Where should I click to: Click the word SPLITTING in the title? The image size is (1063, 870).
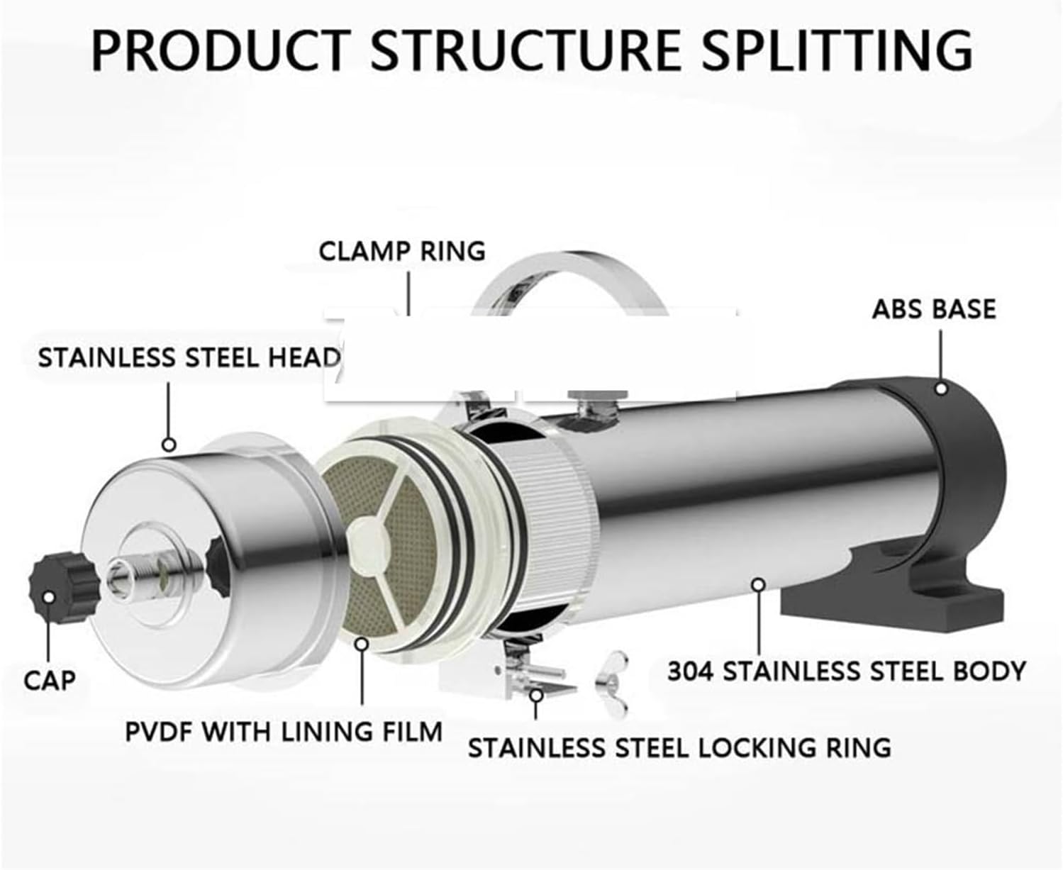pos(837,50)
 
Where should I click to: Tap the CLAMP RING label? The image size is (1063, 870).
pos(402,251)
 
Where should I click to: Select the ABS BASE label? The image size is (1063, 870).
pos(934,309)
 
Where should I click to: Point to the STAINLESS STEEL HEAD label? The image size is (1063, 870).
pos(189,358)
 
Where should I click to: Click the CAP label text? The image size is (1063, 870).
pos(50,681)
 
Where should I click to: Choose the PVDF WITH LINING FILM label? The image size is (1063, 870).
pos(284,732)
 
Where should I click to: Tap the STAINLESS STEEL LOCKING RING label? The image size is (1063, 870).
pos(679,747)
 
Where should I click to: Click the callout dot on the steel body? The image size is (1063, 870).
pos(759,585)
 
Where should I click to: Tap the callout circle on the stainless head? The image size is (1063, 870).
pos(169,445)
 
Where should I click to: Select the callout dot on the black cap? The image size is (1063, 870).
pos(48,597)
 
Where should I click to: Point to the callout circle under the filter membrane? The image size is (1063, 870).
pos(362,644)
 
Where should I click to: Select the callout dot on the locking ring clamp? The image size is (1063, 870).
pos(536,696)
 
